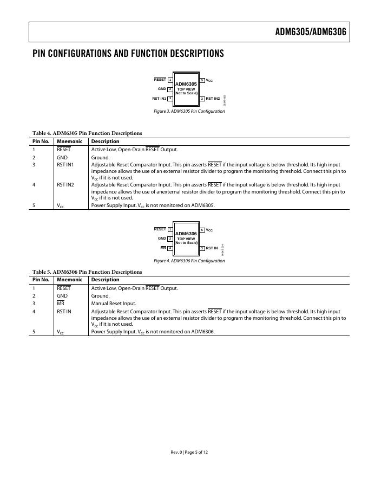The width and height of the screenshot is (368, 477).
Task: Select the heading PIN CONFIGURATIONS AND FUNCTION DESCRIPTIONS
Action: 128,54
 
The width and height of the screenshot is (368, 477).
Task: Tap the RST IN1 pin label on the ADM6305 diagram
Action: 159,99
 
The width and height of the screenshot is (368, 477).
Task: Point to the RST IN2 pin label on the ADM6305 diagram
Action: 213,99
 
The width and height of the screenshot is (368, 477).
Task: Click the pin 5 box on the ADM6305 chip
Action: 202,80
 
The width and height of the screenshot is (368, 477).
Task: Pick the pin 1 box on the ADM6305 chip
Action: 170,80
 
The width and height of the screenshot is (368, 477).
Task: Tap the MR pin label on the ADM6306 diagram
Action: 163,248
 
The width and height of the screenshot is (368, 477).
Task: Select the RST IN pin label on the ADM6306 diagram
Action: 212,248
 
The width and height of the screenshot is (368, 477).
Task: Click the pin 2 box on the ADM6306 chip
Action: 170,238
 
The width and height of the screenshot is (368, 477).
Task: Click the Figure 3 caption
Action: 189,112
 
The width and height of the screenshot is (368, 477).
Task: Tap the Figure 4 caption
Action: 189,261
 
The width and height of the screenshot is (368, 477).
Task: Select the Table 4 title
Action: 87,133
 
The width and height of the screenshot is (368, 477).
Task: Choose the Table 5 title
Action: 87,272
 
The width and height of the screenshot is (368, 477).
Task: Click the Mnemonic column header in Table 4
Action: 69,141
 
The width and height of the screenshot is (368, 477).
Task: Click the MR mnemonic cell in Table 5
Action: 61,304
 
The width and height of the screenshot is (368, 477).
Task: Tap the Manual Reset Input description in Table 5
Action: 113,304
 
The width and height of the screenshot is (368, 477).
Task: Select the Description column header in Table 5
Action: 105,280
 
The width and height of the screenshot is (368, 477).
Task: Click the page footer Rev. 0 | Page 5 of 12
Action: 189,452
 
